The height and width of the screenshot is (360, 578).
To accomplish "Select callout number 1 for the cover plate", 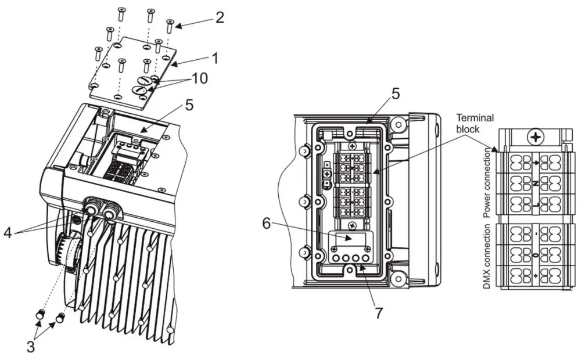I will pos(214,58).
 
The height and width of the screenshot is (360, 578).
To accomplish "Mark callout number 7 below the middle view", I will pos(378,313).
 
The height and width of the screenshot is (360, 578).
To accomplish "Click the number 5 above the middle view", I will pos(396,92).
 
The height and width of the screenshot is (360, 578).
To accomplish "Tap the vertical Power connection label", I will pos(487,183).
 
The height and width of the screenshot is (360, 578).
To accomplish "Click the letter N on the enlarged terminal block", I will pos(536,184).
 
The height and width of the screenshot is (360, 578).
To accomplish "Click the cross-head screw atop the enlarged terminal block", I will pos(534,138).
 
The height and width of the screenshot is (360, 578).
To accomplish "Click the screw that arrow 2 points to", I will pos(170,24).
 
